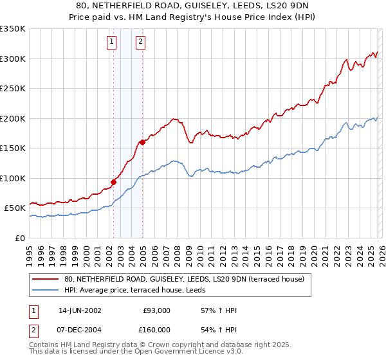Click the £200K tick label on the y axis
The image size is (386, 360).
click(x=13, y=118)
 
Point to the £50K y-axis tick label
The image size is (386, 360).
click(x=15, y=208)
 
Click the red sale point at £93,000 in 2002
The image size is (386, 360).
click(x=114, y=182)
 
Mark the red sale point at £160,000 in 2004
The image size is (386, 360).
click(x=142, y=142)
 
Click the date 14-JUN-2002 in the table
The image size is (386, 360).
click(x=80, y=310)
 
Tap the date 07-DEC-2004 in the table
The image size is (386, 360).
click(x=80, y=329)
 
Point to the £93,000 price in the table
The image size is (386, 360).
click(x=156, y=310)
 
